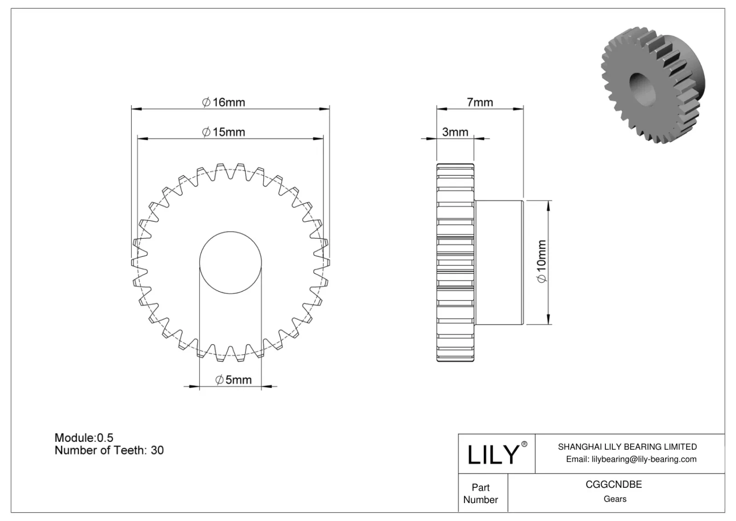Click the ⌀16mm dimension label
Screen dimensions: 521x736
tap(224, 102)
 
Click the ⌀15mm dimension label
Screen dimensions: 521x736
tap(224, 132)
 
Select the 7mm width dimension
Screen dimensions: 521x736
tap(480, 102)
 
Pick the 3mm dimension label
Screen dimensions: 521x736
tap(455, 132)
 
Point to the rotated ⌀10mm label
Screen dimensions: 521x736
tap(541, 261)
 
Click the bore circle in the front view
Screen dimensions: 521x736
tap(230, 262)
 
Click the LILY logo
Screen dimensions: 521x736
tap(493, 454)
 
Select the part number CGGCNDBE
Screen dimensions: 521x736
tap(614, 484)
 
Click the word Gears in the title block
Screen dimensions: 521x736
tap(615, 499)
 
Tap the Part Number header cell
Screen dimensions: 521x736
tap(481, 493)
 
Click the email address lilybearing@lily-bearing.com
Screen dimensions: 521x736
tap(631, 459)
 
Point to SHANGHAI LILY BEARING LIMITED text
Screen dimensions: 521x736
tap(627, 446)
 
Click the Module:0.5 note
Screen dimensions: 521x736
tap(84, 437)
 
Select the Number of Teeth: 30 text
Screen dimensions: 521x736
tap(109, 450)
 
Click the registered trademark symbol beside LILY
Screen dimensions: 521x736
tap(524, 444)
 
